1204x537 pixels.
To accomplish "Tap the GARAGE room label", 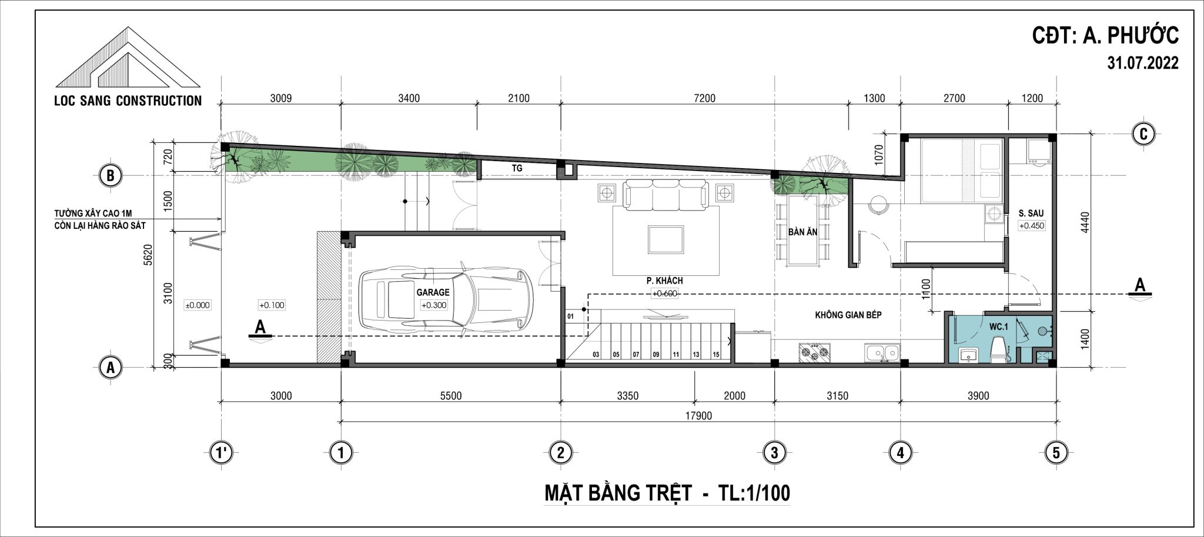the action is (x=433, y=292).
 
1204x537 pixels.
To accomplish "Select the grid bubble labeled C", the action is (x=1143, y=134).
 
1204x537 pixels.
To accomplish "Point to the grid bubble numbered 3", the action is (x=774, y=453).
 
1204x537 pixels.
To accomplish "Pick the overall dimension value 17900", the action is (x=698, y=416).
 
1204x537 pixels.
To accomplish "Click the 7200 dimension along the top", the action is (x=704, y=98).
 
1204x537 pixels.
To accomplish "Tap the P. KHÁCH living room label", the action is (x=665, y=281).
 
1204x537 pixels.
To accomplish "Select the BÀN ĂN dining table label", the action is (x=802, y=232).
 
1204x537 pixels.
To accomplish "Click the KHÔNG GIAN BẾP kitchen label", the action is (x=848, y=315).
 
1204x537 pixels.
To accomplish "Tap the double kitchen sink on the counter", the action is (x=882, y=353).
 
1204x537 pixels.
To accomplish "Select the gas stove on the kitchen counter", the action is (x=815, y=352).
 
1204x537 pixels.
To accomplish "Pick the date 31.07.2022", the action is (x=1143, y=64).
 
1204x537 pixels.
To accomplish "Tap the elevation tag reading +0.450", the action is (x=1032, y=226).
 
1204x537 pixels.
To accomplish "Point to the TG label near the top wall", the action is (x=517, y=168).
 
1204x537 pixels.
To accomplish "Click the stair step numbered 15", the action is (x=715, y=355).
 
